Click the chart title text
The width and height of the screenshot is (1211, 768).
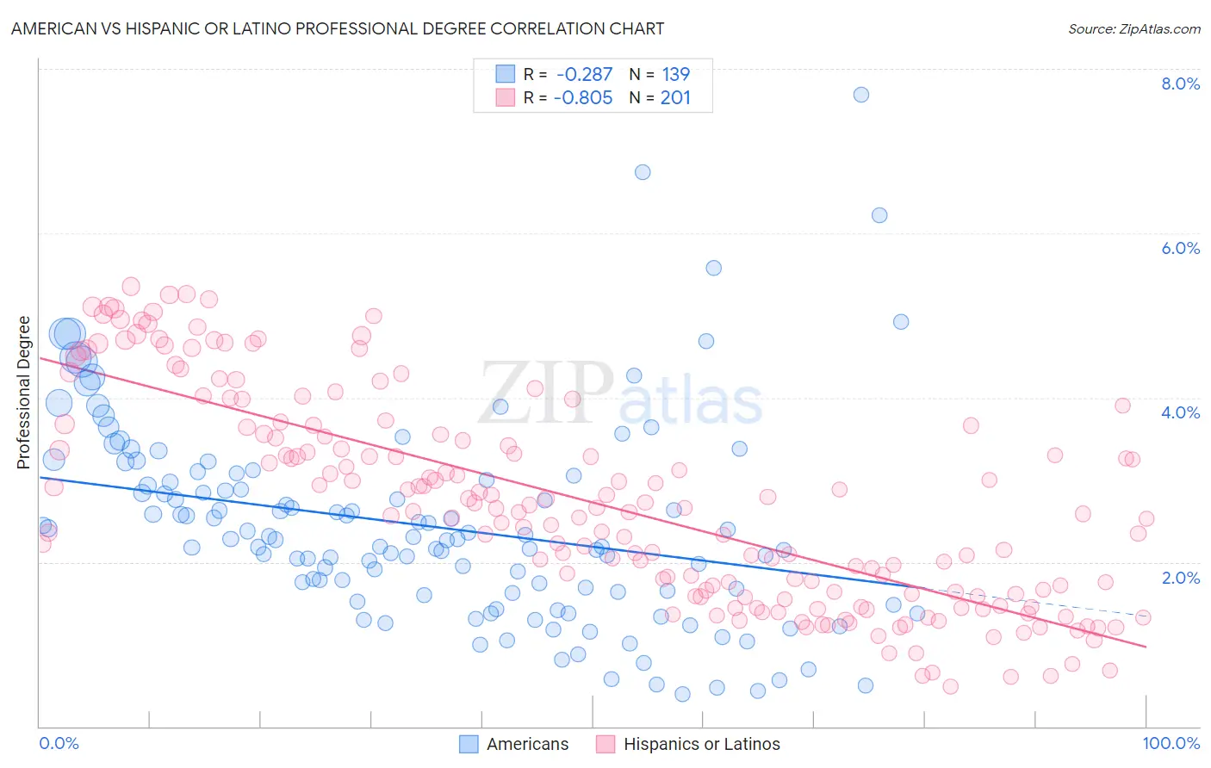(x=338, y=28)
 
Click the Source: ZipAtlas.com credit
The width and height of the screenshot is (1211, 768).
(x=1133, y=28)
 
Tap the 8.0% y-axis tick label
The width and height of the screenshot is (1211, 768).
(x=1180, y=84)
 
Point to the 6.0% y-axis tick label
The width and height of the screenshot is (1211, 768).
(x=1180, y=248)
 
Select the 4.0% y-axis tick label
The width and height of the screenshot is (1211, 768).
(x=1180, y=412)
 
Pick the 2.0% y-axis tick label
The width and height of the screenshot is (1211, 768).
(x=1180, y=578)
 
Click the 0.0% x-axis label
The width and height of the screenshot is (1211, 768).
(x=59, y=743)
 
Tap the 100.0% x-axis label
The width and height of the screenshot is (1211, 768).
(x=1171, y=743)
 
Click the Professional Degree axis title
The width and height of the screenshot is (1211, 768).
(x=23, y=392)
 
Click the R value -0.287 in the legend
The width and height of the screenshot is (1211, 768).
(x=584, y=75)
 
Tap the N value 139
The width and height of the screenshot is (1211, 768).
(x=676, y=75)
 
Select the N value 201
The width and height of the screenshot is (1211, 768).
(x=676, y=97)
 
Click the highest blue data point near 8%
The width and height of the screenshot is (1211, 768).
(x=860, y=95)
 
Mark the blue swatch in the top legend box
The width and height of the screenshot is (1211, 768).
(x=505, y=74)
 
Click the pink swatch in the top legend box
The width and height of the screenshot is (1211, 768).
(x=505, y=97)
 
